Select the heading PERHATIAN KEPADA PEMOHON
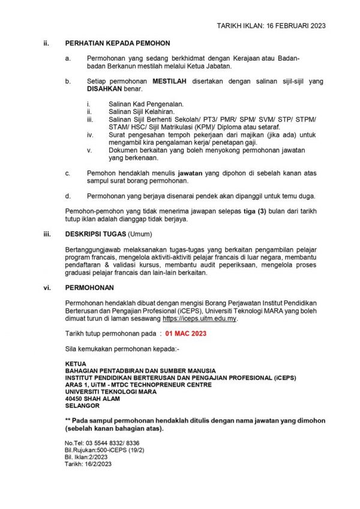[x=118, y=43]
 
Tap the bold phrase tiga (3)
[x=244, y=211]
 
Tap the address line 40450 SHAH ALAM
[x=92, y=399]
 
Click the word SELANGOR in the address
[x=83, y=406]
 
